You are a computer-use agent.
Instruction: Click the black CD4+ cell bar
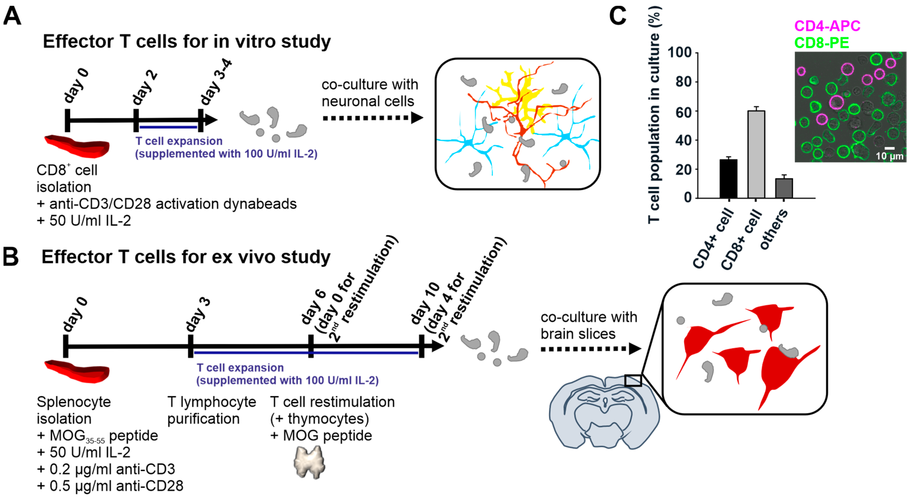(x=728, y=179)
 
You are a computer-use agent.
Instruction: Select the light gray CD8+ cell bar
(x=756, y=154)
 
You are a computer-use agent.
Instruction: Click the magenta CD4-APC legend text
(x=827, y=26)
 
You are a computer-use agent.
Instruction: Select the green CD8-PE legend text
(x=821, y=43)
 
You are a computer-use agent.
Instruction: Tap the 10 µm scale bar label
(x=889, y=156)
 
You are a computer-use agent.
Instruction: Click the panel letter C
(x=617, y=16)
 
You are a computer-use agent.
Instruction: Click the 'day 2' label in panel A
(x=144, y=87)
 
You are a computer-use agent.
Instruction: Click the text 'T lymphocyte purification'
(x=211, y=410)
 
